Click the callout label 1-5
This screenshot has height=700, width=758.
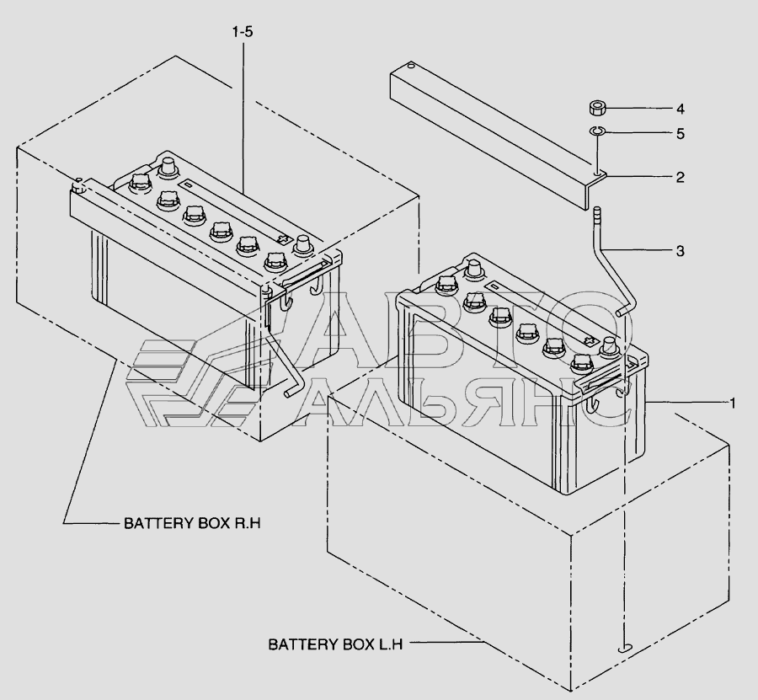tap(243, 32)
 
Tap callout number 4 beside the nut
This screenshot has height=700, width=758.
tap(681, 110)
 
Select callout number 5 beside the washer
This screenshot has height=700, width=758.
tap(681, 133)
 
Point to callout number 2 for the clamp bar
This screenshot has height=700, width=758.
tap(681, 178)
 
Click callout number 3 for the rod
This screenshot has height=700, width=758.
tap(681, 251)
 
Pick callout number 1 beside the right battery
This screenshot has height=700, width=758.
tap(733, 403)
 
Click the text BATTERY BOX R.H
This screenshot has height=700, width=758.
tap(192, 523)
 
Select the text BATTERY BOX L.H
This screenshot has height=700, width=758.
tap(335, 644)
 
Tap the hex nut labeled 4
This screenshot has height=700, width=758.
tap(598, 108)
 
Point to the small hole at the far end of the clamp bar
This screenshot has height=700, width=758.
tap(411, 65)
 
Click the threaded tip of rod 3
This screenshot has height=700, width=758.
tap(597, 213)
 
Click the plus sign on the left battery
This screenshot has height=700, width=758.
tap(285, 238)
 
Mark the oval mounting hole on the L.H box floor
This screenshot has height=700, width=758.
tap(626, 649)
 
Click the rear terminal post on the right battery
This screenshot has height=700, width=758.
tap(473, 269)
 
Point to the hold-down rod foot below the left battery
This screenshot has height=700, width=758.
tap(292, 393)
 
